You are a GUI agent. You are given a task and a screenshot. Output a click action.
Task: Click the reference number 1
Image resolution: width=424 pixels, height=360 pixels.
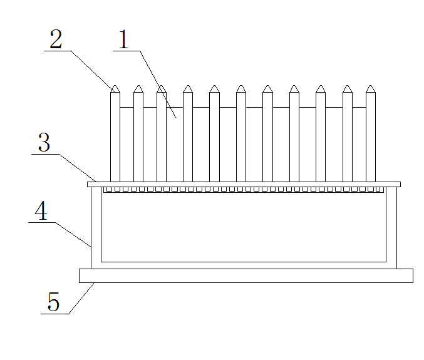coord(123,39)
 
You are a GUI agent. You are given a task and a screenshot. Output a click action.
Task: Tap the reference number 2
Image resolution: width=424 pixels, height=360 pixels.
coord(56,39)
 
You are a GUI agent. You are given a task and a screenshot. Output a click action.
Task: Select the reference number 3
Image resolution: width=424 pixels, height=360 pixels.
coord(44,142)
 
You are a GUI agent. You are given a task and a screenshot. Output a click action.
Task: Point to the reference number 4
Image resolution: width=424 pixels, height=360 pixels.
coord(41,211)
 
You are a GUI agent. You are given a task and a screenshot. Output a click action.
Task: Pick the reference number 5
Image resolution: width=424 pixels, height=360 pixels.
coord(53,302)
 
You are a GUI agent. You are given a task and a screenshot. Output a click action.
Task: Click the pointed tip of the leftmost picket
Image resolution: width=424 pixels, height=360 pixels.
coord(115,85)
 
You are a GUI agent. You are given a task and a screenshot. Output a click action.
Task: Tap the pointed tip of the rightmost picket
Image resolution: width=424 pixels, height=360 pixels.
coord(371,85)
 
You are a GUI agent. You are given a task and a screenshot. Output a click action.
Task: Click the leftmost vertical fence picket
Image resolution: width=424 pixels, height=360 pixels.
coord(115,134)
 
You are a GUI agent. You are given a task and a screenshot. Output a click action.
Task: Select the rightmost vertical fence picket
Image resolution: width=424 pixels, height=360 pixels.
coord(371,134)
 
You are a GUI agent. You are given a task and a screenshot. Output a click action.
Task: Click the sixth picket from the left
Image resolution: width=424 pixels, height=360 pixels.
coord(241,134)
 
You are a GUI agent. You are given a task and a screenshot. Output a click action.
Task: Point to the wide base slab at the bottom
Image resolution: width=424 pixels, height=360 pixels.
coord(246,275)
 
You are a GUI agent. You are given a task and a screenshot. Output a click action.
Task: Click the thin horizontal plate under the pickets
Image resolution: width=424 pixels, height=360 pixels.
coord(244,184)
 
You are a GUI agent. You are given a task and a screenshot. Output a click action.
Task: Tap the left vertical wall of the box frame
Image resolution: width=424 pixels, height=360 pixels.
coord(96,228)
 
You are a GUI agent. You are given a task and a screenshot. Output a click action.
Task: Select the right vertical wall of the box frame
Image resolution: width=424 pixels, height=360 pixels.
coord(391,228)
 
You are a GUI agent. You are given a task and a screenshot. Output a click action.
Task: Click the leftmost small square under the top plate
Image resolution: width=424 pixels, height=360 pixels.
coord(109,189)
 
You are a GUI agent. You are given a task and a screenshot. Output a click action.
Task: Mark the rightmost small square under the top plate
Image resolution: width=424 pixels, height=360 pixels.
coord(378,189)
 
